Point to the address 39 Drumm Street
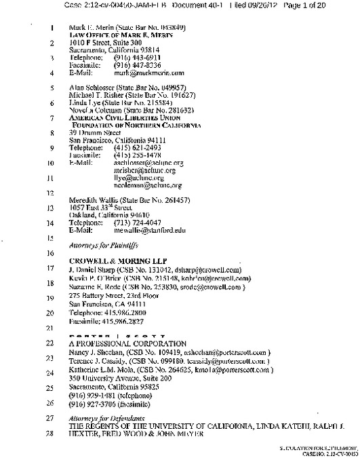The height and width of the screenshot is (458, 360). click(93, 134)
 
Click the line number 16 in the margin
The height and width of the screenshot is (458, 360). click(52, 252)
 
